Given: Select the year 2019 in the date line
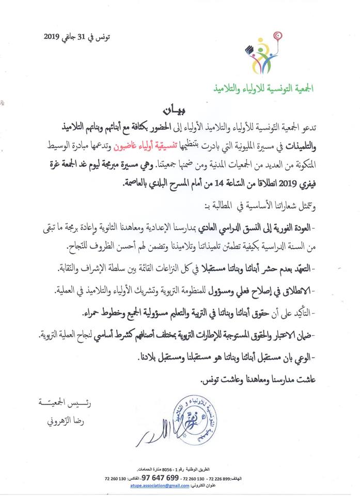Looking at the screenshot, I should [54, 37].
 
